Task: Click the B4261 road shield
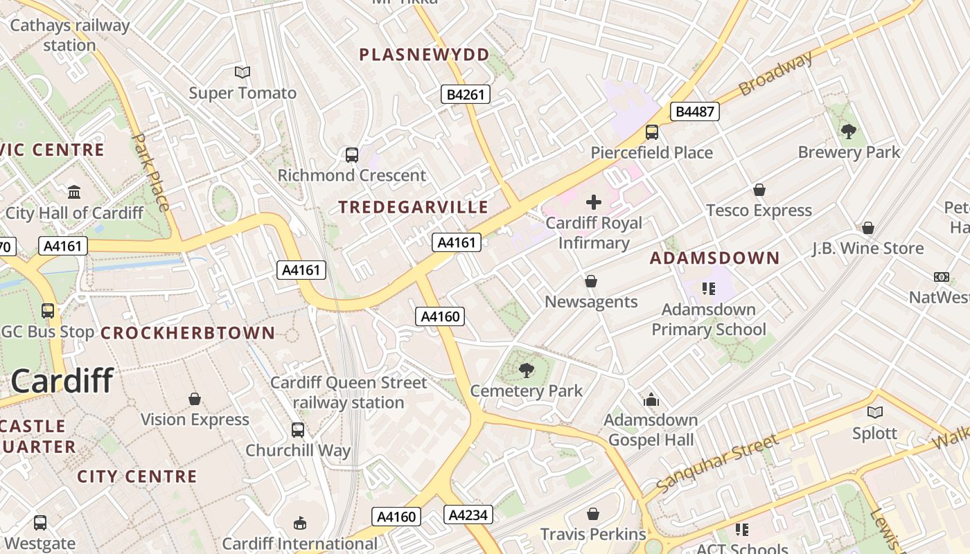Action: click(466, 94)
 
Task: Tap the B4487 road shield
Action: click(695, 111)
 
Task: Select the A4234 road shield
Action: click(468, 515)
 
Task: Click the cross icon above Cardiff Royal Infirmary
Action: click(594, 202)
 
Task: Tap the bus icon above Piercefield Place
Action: click(651, 132)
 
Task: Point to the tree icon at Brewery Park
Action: click(848, 131)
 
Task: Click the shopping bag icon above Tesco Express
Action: click(759, 190)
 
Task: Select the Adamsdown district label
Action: click(714, 258)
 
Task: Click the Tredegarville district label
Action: click(413, 207)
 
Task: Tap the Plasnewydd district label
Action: click(424, 55)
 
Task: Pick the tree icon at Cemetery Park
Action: click(527, 370)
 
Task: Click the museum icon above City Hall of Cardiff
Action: click(74, 192)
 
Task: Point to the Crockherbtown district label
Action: click(188, 333)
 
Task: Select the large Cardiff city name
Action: click(62, 381)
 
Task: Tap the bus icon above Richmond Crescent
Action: click(352, 154)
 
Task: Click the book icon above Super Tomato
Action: click(242, 72)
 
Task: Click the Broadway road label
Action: click(775, 74)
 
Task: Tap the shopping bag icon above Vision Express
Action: click(195, 399)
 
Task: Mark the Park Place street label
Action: click(150, 172)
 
